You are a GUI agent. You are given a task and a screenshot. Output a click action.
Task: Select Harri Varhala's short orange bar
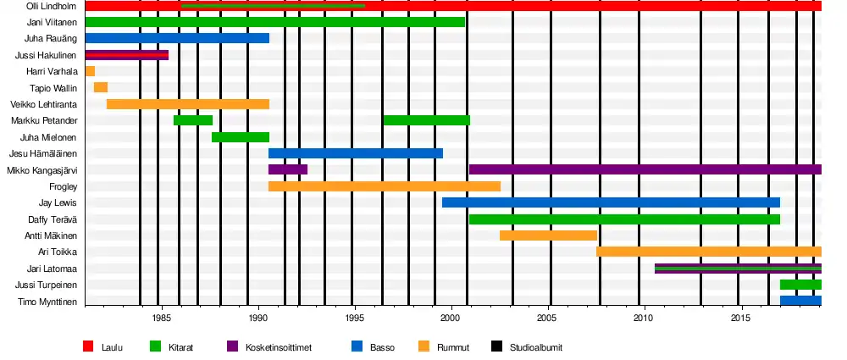pyautogui.click(x=90, y=71)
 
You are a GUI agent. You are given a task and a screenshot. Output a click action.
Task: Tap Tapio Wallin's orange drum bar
pyautogui.click(x=101, y=87)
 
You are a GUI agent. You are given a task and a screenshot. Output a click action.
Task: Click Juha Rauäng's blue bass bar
pyautogui.click(x=177, y=38)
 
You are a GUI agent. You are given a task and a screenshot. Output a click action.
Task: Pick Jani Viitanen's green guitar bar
pyautogui.click(x=275, y=22)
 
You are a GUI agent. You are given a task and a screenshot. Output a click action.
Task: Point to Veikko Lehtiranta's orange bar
pyautogui.click(x=188, y=104)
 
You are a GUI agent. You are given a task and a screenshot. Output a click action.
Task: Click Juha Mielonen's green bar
pyautogui.click(x=241, y=137)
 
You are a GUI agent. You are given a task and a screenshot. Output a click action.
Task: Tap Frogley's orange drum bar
pyautogui.click(x=385, y=186)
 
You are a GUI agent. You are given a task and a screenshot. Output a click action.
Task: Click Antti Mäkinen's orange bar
pyautogui.click(x=548, y=235)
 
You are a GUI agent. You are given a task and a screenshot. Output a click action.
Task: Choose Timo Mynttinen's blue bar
pyautogui.click(x=800, y=301)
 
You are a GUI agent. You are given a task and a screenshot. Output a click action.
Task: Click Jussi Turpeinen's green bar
pyautogui.click(x=800, y=285)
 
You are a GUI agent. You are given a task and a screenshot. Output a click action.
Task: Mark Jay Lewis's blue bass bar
pyautogui.click(x=611, y=202)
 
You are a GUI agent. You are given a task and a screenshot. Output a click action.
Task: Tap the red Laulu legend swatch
pyautogui.click(x=87, y=346)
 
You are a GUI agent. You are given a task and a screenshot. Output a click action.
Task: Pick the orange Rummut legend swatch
pyautogui.click(x=423, y=346)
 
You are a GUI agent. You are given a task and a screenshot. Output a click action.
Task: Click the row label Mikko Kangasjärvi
pyautogui.click(x=42, y=170)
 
